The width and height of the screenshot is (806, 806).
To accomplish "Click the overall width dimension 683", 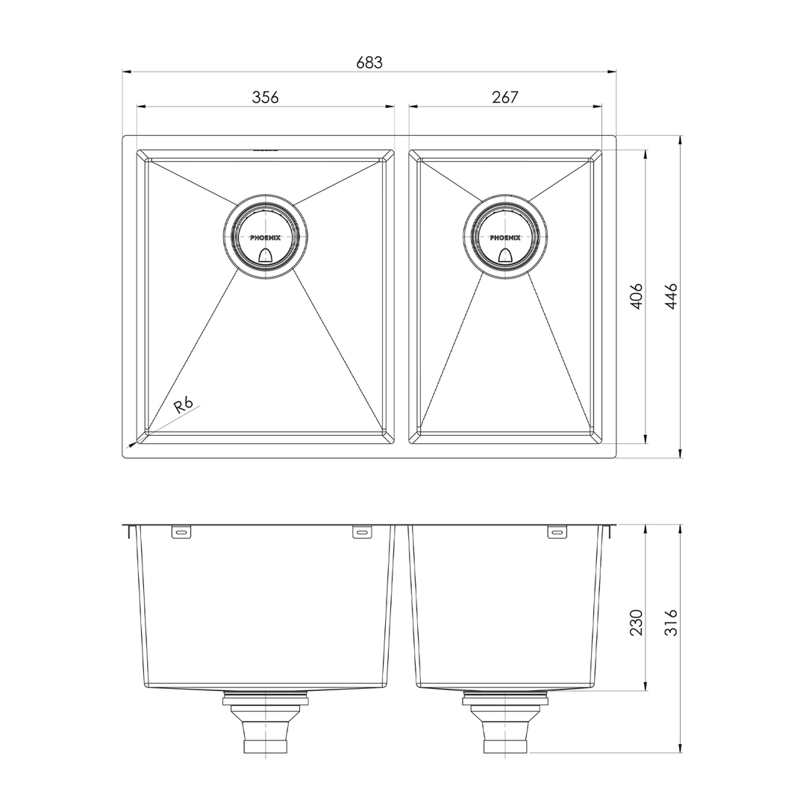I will tap(369, 63).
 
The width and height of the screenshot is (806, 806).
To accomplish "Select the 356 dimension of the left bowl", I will tap(265, 97).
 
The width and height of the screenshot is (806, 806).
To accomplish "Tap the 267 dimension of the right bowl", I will tap(505, 97).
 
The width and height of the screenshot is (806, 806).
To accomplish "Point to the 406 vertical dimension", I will tap(636, 296).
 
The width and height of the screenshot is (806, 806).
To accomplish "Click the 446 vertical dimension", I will tap(671, 296).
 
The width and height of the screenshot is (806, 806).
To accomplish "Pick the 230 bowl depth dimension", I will tap(636, 622).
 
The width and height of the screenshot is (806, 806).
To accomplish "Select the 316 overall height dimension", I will tap(671, 622).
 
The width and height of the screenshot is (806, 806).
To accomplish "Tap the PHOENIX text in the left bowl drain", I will tap(265, 237).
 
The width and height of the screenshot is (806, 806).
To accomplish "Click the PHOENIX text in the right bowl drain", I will tap(505, 237).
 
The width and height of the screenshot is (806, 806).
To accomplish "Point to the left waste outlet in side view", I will tap(265, 728).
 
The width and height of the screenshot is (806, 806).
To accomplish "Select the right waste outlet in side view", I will tap(505, 728).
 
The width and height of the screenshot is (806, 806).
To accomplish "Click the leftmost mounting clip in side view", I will tap(181, 532).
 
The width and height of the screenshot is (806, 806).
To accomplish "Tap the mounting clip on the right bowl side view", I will tap(557, 532).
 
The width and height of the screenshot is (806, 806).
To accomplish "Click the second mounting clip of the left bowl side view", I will tap(362, 532).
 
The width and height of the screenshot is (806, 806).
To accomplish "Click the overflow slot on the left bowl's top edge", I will tap(265, 151).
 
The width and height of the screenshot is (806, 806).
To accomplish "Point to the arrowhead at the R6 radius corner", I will tap(133, 444).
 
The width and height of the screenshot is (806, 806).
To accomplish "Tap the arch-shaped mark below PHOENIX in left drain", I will tap(265, 256).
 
